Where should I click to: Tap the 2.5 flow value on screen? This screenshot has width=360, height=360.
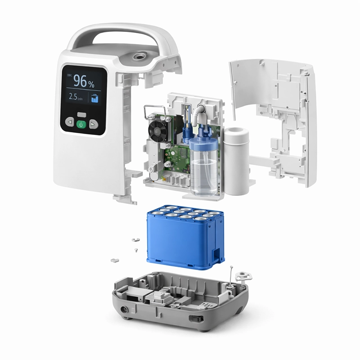pyautogui.click(x=73, y=96)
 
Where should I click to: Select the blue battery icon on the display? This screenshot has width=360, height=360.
pyautogui.click(x=94, y=98)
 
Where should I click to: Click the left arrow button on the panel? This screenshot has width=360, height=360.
pyautogui.click(x=70, y=122)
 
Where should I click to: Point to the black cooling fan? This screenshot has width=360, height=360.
pyautogui.click(x=158, y=128)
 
